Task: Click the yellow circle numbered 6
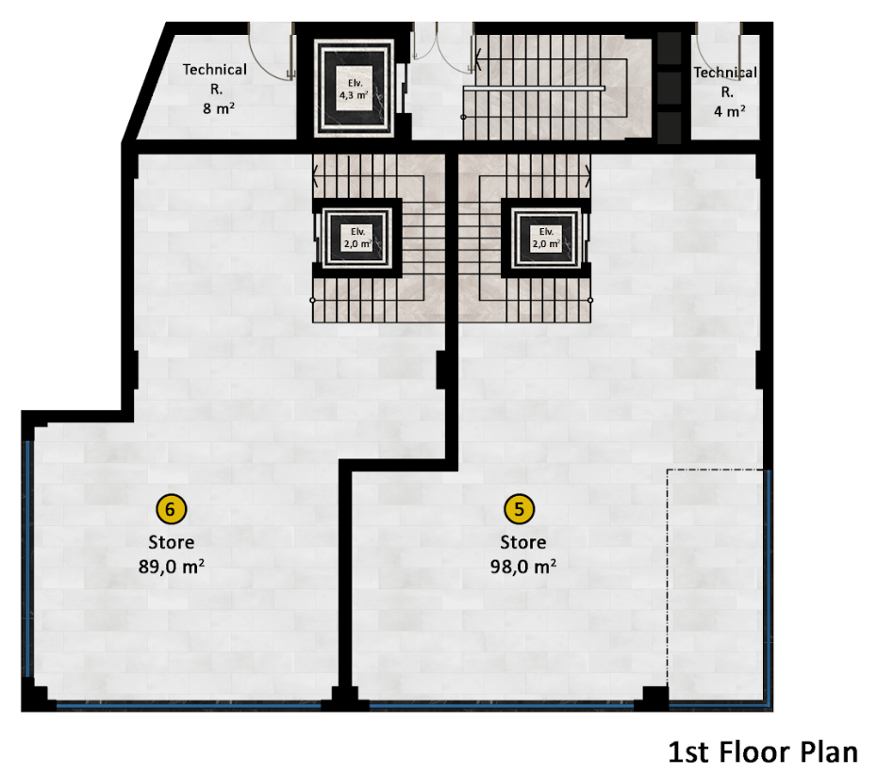(171, 510)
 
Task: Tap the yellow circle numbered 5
(519, 510)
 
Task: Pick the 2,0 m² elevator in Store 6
(357, 237)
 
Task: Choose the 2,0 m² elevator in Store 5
(546, 237)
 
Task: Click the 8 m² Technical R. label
(215, 88)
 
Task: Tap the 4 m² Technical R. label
(726, 91)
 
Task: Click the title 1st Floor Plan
(763, 751)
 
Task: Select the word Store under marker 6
(171, 542)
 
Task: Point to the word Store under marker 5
(522, 542)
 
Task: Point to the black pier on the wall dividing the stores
(441, 370)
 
